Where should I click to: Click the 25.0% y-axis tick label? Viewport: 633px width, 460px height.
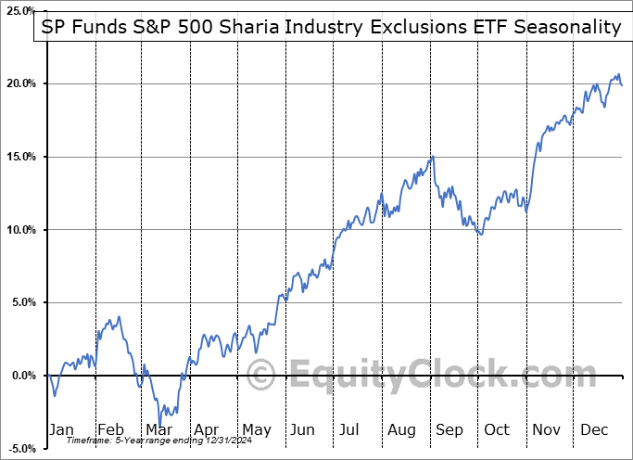click(19, 11)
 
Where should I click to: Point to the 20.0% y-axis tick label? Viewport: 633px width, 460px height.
click(19, 84)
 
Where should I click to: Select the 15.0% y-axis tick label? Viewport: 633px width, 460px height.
click(19, 157)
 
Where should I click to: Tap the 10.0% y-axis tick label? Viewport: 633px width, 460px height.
click(19, 230)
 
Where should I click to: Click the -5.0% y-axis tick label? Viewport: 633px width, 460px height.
click(19, 449)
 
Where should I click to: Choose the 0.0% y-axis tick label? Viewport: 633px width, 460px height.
click(21, 376)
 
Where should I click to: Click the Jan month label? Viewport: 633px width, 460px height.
click(61, 429)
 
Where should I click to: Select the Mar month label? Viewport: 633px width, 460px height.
click(158, 429)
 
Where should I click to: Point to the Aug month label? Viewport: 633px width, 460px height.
click(401, 429)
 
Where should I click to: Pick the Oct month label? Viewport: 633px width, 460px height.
click(498, 429)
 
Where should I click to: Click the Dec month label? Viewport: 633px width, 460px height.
click(595, 429)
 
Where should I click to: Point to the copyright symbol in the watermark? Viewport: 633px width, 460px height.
click(261, 376)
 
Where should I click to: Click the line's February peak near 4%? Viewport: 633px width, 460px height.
click(118, 317)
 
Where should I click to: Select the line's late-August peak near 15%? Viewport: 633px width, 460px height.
click(432, 157)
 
